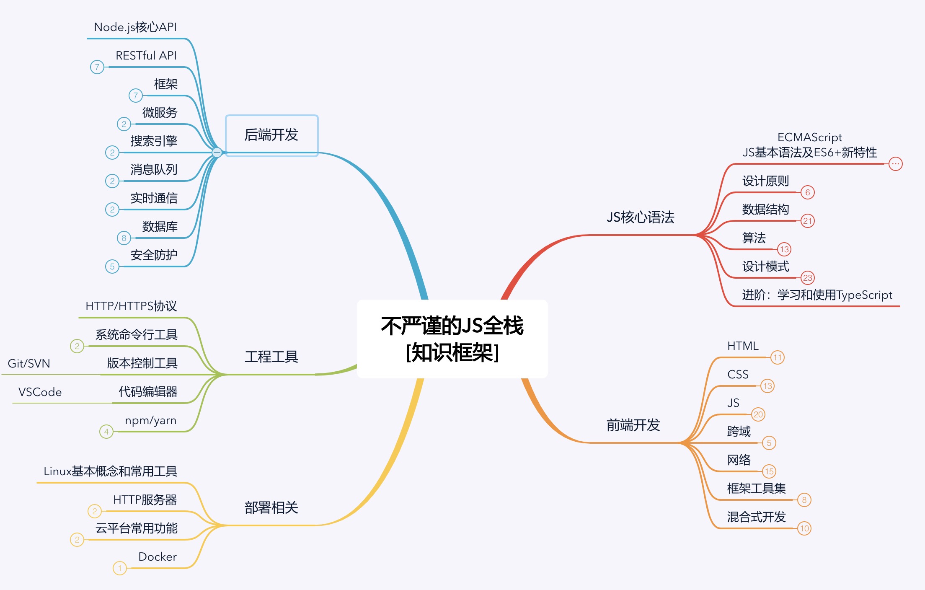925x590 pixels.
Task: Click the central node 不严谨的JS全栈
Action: [452, 339]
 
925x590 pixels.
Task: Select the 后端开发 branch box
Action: [271, 135]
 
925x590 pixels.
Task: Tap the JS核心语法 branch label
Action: [640, 217]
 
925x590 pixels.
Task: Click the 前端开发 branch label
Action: [633, 425]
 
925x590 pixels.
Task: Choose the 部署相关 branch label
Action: [271, 507]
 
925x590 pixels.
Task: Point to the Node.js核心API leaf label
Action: [135, 27]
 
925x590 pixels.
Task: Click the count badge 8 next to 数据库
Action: [124, 238]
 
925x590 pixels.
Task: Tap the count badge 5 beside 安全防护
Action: [112, 267]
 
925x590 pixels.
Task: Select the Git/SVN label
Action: [29, 363]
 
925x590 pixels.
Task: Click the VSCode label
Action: [40, 392]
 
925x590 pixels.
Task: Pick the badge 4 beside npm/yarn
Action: [106, 432]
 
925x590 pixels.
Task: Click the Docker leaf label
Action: [158, 556]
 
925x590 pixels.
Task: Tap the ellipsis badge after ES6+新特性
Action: [895, 164]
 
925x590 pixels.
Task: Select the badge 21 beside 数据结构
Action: [807, 221]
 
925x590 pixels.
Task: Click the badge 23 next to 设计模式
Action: [807, 278]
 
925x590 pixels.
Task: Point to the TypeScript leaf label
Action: [817, 295]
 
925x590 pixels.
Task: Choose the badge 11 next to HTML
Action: [778, 357]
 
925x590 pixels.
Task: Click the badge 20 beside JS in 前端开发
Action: [758, 414]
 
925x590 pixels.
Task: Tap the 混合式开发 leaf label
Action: [756, 517]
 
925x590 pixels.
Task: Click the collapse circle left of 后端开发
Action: [217, 153]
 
